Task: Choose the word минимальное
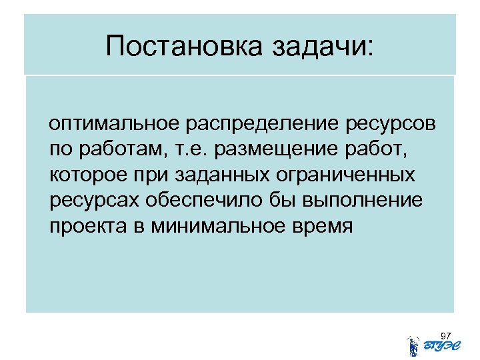(216, 227)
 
